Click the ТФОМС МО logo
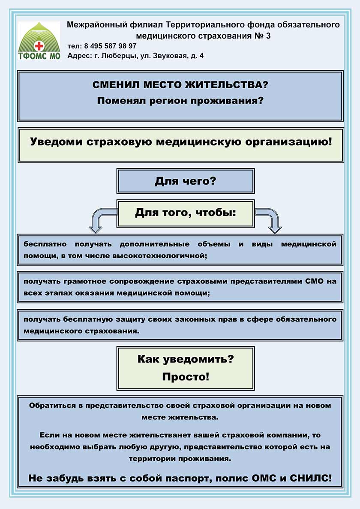click(39, 41)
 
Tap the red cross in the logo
click(39, 46)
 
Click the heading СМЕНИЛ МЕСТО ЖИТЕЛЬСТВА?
click(180, 85)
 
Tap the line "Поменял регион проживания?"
click(180, 101)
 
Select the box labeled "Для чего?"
click(185, 181)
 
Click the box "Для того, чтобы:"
click(185, 213)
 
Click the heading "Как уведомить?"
click(185, 359)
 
